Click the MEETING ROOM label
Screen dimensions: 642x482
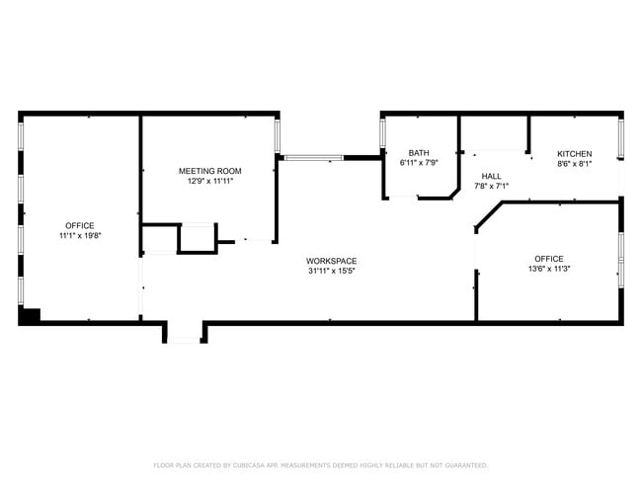210,171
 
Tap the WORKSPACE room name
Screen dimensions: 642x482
331,261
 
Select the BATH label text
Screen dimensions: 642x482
419,153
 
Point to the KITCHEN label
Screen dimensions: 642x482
575,154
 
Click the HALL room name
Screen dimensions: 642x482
491,176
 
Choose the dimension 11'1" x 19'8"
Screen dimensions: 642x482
80,235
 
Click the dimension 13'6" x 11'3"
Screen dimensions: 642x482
549,269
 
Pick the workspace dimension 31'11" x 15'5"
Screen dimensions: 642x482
331,271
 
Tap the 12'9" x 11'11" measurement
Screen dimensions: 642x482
210,181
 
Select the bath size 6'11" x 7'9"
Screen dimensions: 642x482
419,163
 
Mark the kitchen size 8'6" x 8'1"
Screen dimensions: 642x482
575,164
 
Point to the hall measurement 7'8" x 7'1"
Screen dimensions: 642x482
491,186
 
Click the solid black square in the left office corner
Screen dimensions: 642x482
30,315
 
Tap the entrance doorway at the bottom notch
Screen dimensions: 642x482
185,340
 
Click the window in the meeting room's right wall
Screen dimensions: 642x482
278,135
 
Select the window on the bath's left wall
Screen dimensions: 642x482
383,133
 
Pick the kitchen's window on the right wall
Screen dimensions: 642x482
621,138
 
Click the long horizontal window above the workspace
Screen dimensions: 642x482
314,158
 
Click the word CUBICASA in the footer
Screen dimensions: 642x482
249,465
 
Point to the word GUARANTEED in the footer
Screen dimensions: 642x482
466,465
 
